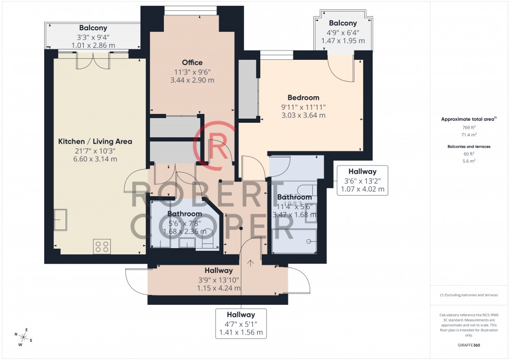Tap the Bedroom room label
(303, 97)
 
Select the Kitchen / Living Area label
(95, 141)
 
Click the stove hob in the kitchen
(101, 246)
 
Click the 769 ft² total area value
(469, 127)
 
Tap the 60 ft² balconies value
(469, 154)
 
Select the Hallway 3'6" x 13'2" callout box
(362, 180)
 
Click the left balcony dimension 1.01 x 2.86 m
(93, 46)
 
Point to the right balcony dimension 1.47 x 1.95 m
(343, 41)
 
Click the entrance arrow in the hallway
(251, 262)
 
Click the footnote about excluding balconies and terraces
(469, 295)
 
